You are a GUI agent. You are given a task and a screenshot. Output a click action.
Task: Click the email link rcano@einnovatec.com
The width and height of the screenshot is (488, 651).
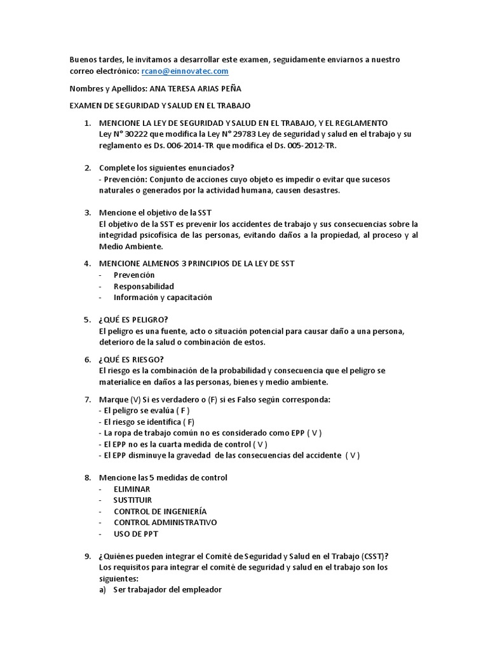[184, 72]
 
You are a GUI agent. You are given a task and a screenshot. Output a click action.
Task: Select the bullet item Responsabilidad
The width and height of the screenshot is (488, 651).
[144, 286]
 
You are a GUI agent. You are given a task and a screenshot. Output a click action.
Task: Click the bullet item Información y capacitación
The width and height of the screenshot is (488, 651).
[163, 298]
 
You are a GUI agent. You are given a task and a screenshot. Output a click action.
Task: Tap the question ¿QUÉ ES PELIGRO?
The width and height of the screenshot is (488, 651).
[133, 319]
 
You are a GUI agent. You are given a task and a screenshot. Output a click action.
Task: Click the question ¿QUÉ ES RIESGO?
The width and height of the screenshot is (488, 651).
[132, 359]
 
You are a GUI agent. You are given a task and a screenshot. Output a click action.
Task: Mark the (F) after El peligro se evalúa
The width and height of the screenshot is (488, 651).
[181, 411]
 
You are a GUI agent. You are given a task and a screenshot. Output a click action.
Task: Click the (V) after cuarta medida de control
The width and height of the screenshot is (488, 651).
[259, 444]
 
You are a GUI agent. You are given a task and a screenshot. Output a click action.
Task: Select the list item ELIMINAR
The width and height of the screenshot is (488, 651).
[132, 489]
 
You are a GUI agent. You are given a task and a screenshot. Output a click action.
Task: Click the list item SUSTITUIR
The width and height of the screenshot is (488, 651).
[133, 500]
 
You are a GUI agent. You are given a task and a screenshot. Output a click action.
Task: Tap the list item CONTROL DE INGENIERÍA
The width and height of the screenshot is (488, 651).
[159, 511]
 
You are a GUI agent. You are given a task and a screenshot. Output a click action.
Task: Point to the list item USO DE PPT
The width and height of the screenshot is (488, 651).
[136, 534]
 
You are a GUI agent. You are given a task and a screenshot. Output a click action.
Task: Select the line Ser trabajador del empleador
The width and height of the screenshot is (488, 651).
[167, 589]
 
